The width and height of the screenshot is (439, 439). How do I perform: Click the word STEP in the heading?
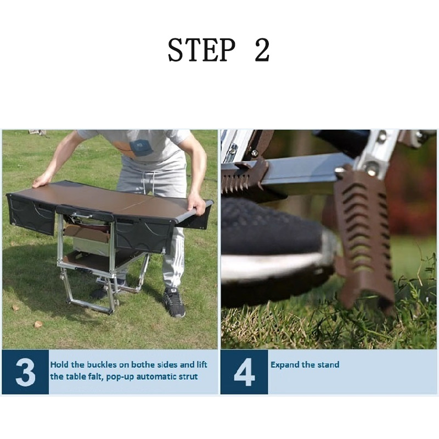(x=201, y=50)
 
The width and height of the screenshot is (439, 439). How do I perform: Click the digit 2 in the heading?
(x=262, y=50)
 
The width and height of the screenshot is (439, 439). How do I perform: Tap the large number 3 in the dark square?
(x=25, y=372)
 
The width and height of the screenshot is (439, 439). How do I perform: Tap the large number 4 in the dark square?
(x=244, y=372)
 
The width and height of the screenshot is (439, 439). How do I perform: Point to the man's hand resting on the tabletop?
(x=42, y=181)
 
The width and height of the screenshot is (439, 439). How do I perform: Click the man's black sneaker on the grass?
(x=174, y=302)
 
